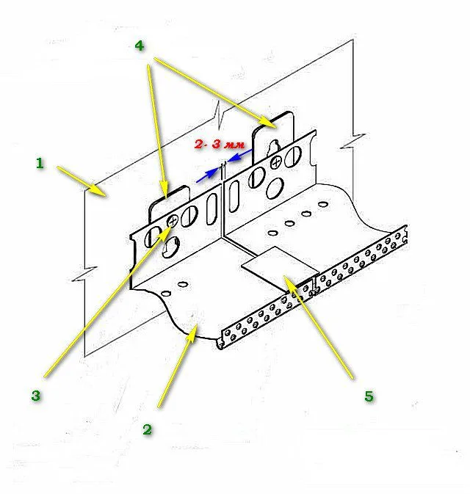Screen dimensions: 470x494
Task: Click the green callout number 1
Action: point(40,163)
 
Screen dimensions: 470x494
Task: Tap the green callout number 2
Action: point(147,429)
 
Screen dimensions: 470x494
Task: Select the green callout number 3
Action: point(36,395)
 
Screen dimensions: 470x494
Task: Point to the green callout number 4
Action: point(140,46)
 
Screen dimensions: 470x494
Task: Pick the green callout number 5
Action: point(369,396)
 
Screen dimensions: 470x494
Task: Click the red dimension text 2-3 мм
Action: point(220,145)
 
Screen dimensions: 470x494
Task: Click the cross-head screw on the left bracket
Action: point(173,220)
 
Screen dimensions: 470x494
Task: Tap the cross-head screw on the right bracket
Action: point(276,162)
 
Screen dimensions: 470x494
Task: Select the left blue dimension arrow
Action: point(207,175)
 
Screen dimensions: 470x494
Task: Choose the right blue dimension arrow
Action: point(240,156)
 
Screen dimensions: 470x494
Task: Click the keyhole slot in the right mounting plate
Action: point(274,148)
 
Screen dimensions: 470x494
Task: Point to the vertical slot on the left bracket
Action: point(211,208)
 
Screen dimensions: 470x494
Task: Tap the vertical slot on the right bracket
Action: point(234,196)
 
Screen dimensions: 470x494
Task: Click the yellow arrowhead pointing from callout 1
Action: point(100,190)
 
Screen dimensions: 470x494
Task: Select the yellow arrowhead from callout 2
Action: point(192,333)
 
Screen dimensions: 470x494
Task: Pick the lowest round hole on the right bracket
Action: point(275,189)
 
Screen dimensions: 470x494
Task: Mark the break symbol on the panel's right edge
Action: point(353,141)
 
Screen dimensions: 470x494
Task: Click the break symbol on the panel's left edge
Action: point(84,274)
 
